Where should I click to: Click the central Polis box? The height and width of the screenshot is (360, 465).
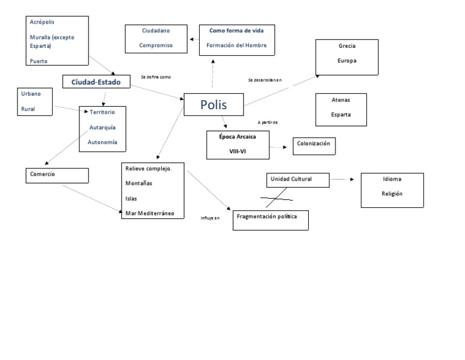tap(213, 105)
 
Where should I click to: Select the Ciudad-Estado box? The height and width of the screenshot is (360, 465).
tap(97, 81)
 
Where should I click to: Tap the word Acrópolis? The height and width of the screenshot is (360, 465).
tap(42, 22)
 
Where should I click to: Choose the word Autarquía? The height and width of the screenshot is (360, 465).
tap(102, 127)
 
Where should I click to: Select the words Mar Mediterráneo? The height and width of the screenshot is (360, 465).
tap(150, 213)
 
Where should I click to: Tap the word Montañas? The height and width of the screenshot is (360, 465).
tap(139, 183)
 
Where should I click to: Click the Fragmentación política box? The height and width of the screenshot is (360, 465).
tap(271, 220)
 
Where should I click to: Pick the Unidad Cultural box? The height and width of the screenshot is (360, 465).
tap(297, 179)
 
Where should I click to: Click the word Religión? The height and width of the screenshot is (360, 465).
tap(392, 194)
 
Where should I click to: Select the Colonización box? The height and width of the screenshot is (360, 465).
tap(314, 145)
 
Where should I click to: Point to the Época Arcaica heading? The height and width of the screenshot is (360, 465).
tap(238, 137)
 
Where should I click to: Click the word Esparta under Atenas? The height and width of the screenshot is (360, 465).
tap(340, 114)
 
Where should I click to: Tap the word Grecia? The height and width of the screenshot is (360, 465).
tap(347, 46)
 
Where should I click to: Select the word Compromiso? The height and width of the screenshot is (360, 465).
tap(156, 45)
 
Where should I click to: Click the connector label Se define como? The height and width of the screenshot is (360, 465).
tap(156, 77)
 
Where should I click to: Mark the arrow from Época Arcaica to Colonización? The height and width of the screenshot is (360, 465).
tap(279, 147)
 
